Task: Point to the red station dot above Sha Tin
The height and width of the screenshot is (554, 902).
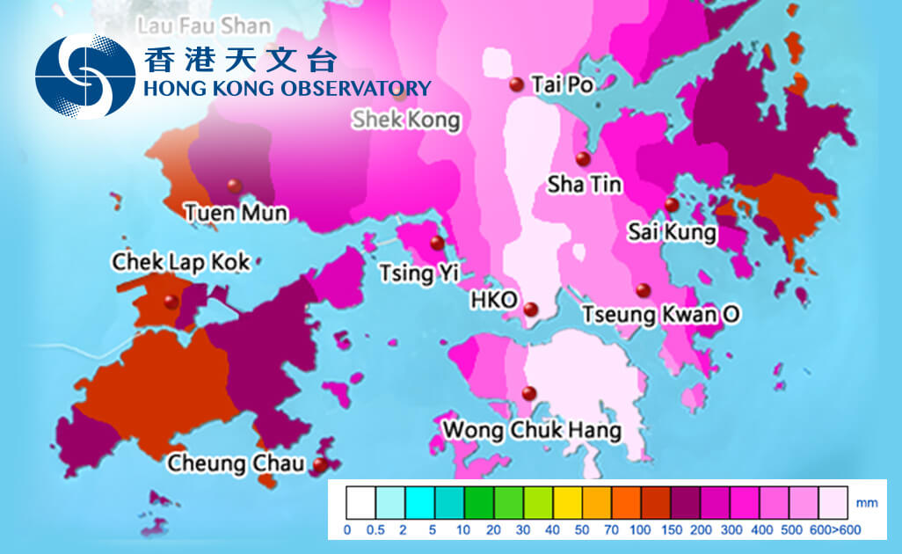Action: [582, 158]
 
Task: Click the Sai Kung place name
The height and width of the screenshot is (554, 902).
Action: [673, 233]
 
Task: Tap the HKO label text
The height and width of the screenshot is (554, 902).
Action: [494, 300]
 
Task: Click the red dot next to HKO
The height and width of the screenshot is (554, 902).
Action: [530, 309]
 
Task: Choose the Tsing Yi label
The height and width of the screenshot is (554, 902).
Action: [418, 273]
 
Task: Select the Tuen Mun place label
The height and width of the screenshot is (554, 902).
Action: [236, 212]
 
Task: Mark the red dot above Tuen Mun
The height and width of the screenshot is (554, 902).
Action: [233, 185]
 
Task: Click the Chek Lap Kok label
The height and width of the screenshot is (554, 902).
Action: [180, 261]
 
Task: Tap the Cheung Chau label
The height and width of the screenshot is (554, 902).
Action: [236, 463]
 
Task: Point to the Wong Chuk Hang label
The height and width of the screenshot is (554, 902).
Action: [532, 431]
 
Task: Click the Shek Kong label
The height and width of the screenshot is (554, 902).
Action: [406, 120]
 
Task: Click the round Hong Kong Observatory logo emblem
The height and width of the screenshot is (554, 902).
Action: [85, 76]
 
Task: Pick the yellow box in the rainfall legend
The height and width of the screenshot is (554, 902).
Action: [568, 501]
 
